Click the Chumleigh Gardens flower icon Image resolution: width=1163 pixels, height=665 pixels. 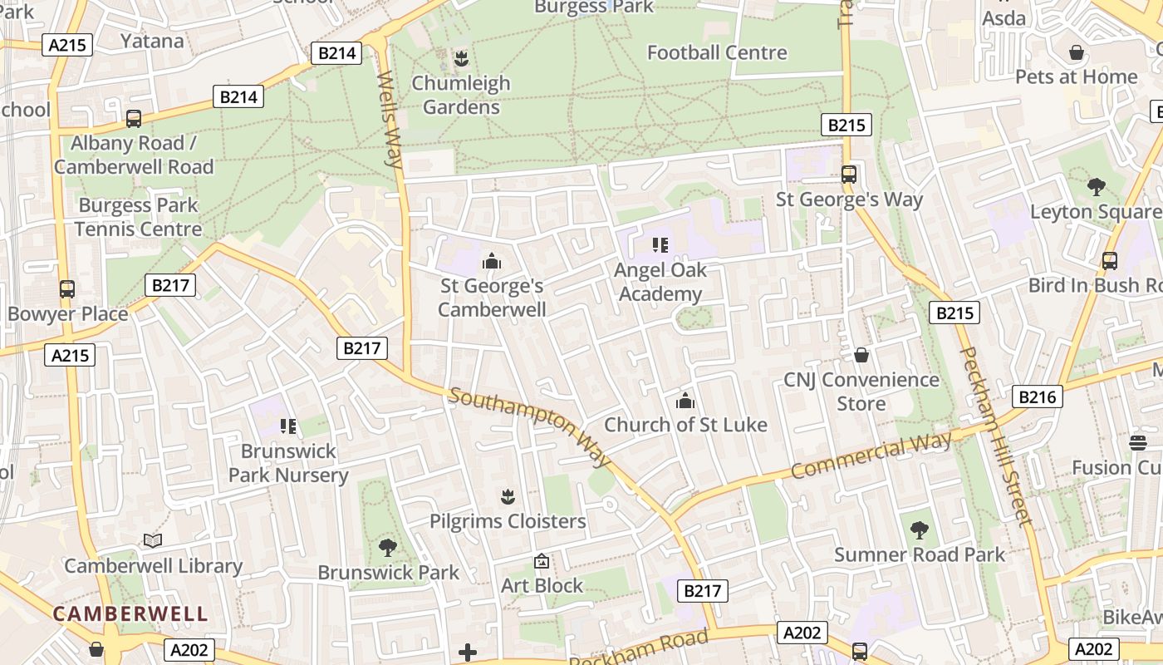(461, 58)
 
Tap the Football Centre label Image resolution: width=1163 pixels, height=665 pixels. (717, 52)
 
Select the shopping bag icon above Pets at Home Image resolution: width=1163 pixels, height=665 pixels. (1077, 52)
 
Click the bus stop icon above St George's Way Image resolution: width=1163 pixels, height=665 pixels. (848, 175)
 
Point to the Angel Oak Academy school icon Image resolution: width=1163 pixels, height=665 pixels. (660, 245)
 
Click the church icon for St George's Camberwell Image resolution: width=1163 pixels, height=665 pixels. (492, 262)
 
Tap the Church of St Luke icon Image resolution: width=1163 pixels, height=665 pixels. (685, 401)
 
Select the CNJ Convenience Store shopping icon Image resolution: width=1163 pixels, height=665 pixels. (861, 355)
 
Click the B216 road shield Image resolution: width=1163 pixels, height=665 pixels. (1038, 397)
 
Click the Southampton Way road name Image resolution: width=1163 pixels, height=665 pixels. (530, 426)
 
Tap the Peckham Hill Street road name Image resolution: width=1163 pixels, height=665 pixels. (994, 436)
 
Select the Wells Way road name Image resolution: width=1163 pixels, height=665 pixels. (390, 120)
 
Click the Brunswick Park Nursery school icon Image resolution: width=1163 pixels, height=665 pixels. (288, 426)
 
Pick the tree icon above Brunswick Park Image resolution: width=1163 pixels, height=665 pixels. (387, 547)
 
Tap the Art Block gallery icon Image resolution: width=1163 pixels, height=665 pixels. (542, 562)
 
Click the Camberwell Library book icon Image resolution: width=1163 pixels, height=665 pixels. (152, 541)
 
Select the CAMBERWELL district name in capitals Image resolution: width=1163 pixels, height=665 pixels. (130, 614)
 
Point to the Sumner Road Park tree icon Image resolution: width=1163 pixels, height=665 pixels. (919, 530)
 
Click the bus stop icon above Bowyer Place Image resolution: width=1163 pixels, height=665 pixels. (67, 289)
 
